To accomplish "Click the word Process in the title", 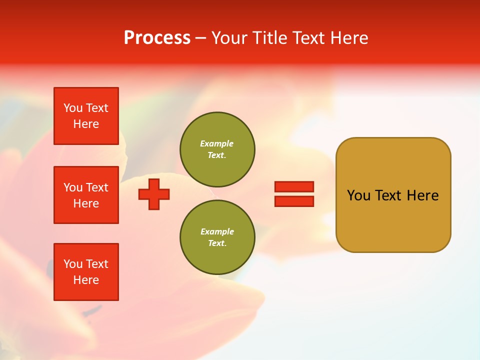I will pyautogui.click(x=157, y=38).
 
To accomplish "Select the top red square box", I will pyautogui.click(x=86, y=116).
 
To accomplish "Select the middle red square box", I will pyautogui.click(x=86, y=195).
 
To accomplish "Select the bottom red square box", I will pyautogui.click(x=86, y=272).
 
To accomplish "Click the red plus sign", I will pyautogui.click(x=154, y=194).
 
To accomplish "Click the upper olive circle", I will pyautogui.click(x=217, y=149).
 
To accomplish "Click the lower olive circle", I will pyautogui.click(x=217, y=237).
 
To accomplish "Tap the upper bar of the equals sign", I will pyautogui.click(x=294, y=186).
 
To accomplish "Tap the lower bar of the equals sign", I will pyautogui.click(x=294, y=201).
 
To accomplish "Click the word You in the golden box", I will pyautogui.click(x=358, y=195).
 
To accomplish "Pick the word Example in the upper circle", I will pyautogui.click(x=217, y=144).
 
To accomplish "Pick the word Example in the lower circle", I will pyautogui.click(x=217, y=232).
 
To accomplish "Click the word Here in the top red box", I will pyautogui.click(x=86, y=124).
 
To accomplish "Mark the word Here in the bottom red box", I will pyautogui.click(x=86, y=280).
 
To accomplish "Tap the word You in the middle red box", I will pyautogui.click(x=73, y=187).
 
